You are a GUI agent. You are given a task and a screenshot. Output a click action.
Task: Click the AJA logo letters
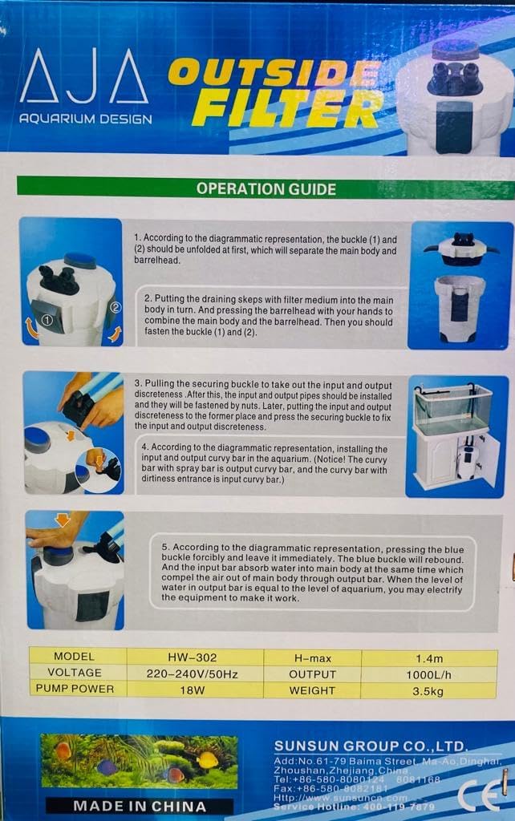point(84,75)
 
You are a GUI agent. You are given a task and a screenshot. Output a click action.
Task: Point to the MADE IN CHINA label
point(140,806)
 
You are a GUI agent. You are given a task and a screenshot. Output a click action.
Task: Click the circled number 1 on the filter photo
point(47,319)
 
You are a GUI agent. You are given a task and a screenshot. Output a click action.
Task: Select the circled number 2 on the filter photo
point(114,306)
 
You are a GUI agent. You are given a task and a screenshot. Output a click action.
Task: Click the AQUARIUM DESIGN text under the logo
point(85,119)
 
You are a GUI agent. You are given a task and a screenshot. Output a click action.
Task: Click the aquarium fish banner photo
point(140,762)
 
